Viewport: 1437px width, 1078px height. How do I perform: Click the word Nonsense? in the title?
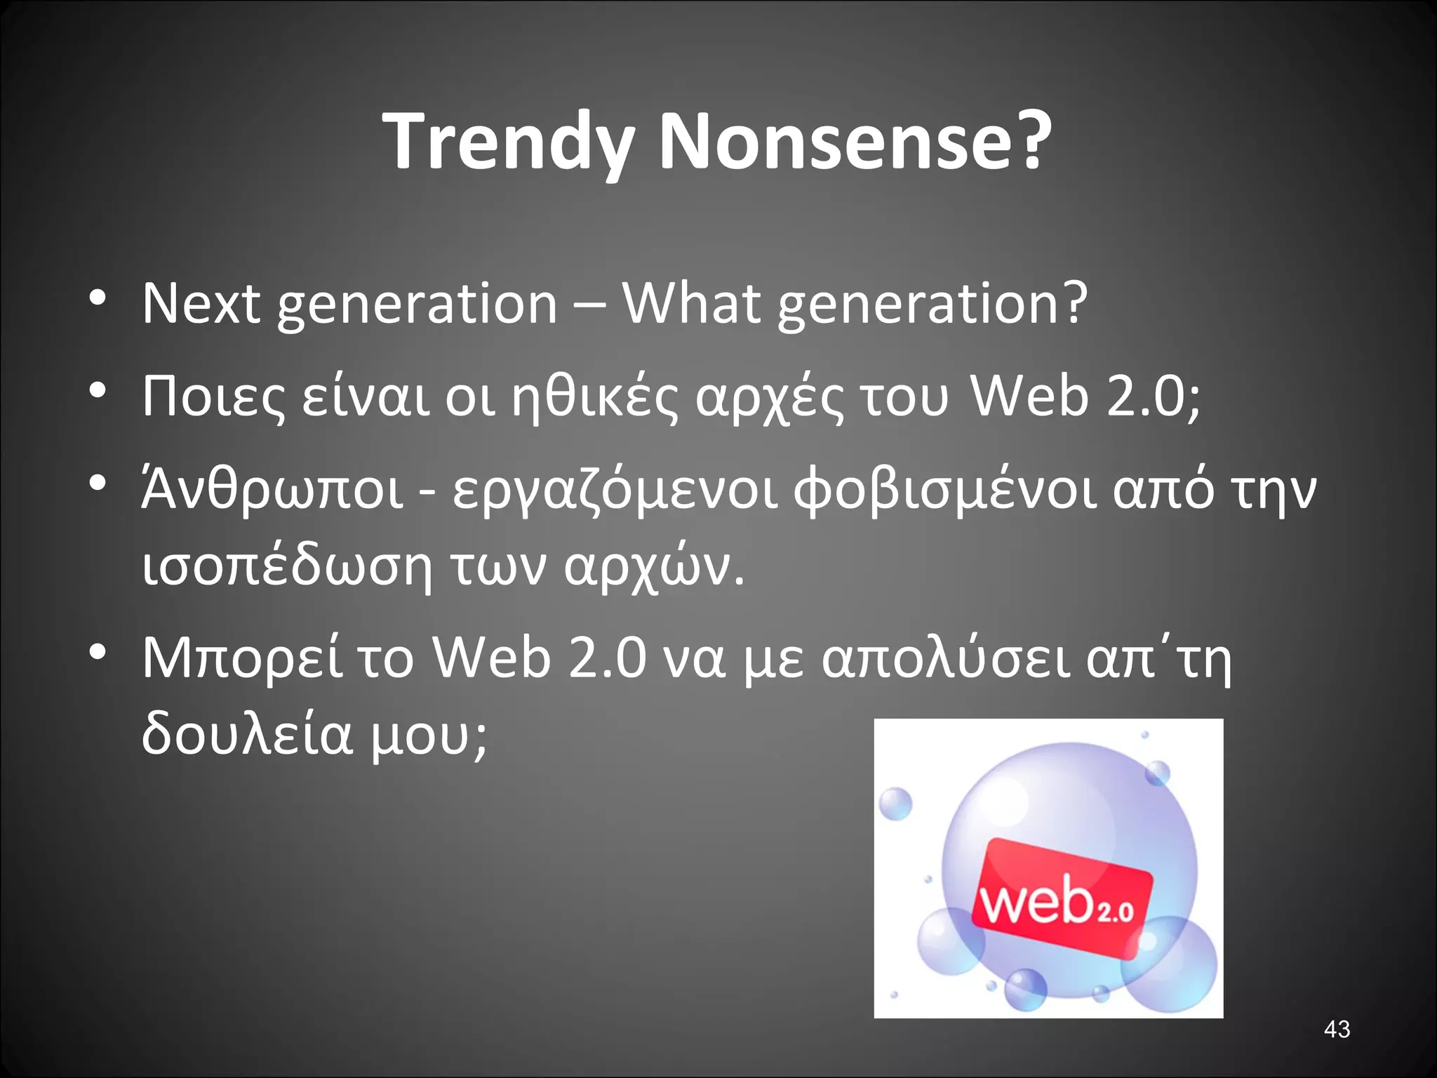coord(855,142)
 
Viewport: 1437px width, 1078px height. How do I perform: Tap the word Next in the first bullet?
coord(201,303)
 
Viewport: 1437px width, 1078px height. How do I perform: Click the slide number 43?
coord(1337,1029)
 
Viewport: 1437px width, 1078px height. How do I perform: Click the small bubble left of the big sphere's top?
coord(895,804)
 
